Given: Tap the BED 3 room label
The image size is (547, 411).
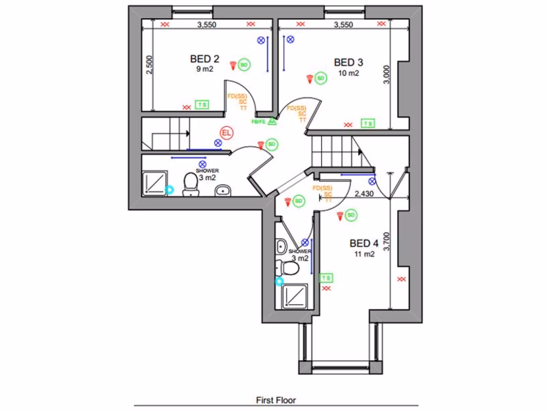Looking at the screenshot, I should pyautogui.click(x=348, y=62).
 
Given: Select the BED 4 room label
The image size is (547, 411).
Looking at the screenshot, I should pyautogui.click(x=364, y=243).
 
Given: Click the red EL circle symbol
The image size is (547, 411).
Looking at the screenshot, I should pyautogui.click(x=226, y=132).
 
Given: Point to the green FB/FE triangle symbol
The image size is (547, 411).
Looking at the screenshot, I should pyautogui.click(x=271, y=121).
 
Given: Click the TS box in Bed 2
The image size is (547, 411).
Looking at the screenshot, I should pyautogui.click(x=202, y=104).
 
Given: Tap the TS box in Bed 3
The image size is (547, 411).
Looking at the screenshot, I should pyautogui.click(x=368, y=124).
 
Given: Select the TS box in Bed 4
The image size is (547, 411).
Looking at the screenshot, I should pyautogui.click(x=326, y=278).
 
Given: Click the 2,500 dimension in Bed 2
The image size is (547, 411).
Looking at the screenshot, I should pyautogui.click(x=150, y=66).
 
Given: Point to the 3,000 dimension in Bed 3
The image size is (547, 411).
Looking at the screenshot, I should pyautogui.click(x=387, y=74).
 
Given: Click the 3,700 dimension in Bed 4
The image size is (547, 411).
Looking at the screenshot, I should pyautogui.click(x=387, y=241).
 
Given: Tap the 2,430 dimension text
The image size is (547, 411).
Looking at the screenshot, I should pyautogui.click(x=364, y=194).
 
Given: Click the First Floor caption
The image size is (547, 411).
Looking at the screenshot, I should pyautogui.click(x=276, y=400).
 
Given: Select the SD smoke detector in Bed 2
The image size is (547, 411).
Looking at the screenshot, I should pyautogui.click(x=244, y=65).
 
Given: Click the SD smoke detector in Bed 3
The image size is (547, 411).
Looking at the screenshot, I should pyautogui.click(x=321, y=78).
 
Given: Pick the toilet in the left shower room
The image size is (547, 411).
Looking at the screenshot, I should pyautogui.click(x=190, y=185).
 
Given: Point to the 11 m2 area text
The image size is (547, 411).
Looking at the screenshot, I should pyautogui.click(x=363, y=254).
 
